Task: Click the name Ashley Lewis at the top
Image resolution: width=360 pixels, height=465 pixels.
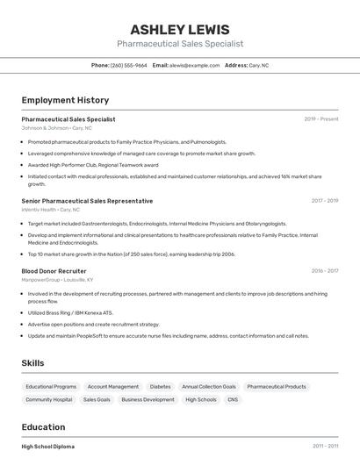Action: tap(180, 29)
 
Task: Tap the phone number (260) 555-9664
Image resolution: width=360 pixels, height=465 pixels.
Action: tap(129, 65)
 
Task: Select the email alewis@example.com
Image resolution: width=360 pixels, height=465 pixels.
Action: tap(194, 65)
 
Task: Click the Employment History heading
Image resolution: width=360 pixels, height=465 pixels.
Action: tap(65, 100)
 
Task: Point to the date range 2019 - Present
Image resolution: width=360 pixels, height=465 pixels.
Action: tap(321, 118)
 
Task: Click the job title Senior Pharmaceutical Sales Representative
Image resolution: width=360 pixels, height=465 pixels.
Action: tap(87, 201)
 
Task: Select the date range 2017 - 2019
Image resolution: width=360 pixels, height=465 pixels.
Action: tap(324, 201)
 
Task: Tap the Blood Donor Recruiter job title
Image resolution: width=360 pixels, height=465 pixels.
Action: tap(54, 271)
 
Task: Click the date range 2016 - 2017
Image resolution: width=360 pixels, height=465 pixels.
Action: tap(324, 271)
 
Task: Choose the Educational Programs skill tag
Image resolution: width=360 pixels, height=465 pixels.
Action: tap(51, 386)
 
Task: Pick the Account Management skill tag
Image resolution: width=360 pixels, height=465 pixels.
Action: tap(112, 386)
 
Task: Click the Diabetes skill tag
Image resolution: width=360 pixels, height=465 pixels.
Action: tap(160, 386)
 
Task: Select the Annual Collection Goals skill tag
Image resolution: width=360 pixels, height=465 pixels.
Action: tap(208, 386)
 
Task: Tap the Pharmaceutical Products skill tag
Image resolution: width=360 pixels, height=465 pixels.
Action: tap(277, 386)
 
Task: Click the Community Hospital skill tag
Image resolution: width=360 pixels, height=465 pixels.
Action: tap(49, 399)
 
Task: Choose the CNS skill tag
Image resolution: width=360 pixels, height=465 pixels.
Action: tap(232, 399)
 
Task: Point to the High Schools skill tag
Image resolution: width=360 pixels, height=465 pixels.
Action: tap(200, 399)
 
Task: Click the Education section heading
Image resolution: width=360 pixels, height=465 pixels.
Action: tap(43, 427)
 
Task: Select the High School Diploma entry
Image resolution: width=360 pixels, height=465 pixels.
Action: tap(47, 447)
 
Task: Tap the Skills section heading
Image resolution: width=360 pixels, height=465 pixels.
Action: tap(32, 362)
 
